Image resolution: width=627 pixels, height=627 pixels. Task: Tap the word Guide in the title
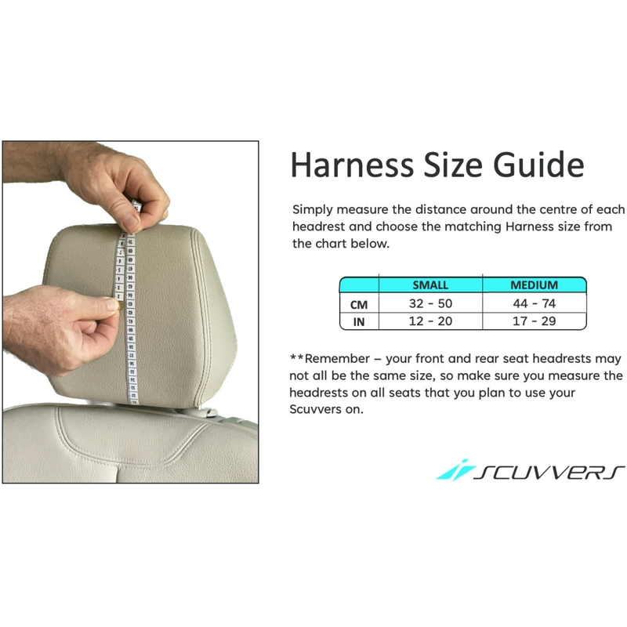(538, 165)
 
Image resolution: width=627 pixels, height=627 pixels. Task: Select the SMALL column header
(430, 285)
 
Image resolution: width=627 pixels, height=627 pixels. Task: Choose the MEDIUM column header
(535, 285)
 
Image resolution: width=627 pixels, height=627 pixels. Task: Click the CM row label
(359, 305)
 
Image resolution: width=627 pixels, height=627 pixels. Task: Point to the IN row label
(359, 322)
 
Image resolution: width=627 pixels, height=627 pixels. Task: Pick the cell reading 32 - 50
(430, 303)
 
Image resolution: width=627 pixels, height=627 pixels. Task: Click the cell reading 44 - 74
(535, 303)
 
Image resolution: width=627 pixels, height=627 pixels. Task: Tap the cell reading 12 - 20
(430, 321)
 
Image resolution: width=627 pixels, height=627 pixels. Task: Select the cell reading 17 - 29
(535, 321)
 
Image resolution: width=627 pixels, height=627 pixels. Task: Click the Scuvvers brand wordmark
(549, 473)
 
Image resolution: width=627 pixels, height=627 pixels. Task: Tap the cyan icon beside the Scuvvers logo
(455, 469)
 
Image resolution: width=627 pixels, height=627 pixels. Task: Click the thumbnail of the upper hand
(130, 222)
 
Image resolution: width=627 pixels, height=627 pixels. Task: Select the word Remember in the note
(337, 359)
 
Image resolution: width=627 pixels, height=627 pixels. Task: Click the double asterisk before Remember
(296, 357)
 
